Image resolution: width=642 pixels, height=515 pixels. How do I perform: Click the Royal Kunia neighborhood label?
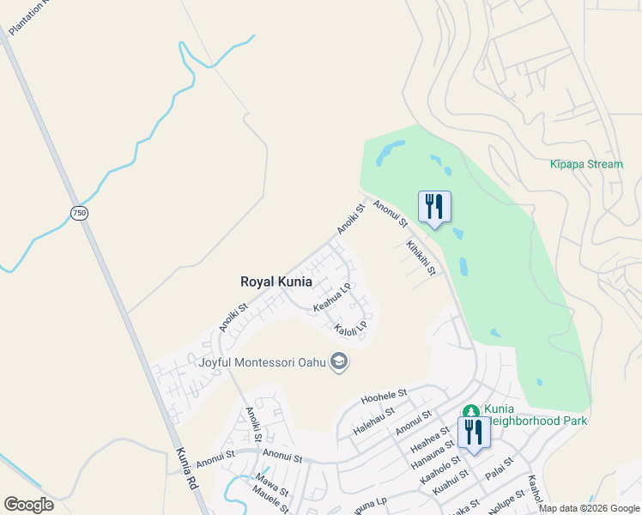point(276,281)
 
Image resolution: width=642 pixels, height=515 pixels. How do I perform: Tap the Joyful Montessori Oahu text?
point(263,362)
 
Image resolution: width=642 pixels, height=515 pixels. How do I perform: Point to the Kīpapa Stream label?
point(586,164)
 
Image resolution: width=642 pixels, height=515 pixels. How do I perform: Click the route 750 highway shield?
point(79,212)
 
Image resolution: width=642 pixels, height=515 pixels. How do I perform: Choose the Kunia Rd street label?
point(189,468)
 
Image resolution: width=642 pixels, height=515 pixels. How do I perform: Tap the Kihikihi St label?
point(421,257)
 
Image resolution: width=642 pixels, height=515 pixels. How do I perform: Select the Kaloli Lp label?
point(351,326)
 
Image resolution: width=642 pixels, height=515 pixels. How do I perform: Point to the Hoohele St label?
point(383,397)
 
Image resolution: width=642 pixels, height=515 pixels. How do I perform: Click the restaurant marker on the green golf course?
point(434,207)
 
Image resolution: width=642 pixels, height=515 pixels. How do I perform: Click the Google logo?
point(28,505)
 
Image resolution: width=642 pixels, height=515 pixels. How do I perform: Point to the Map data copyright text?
point(590,508)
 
